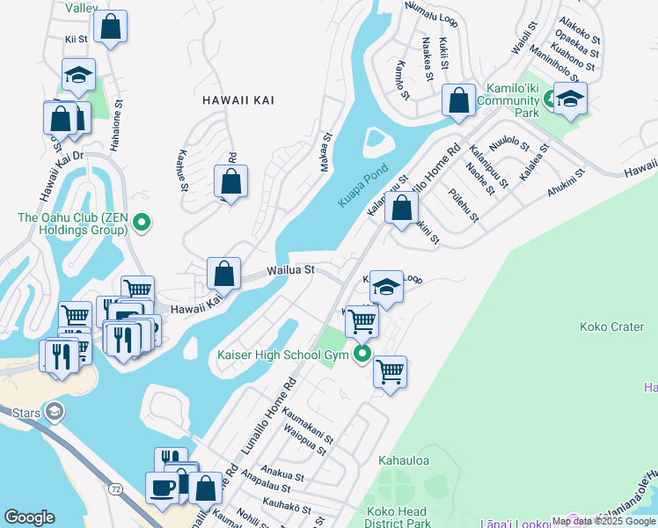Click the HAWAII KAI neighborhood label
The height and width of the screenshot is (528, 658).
[238, 101]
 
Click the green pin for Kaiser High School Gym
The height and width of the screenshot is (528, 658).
[362, 355]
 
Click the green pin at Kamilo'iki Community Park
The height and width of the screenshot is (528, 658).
[550, 99]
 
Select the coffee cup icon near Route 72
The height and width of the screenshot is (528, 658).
[162, 488]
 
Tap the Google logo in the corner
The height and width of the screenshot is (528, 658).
[29, 517]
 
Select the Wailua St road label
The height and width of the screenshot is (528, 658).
[291, 270]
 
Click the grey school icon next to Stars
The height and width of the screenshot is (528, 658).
[55, 412]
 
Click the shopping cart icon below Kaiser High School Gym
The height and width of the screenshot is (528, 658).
[390, 370]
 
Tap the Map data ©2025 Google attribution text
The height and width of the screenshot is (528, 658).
[603, 521]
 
